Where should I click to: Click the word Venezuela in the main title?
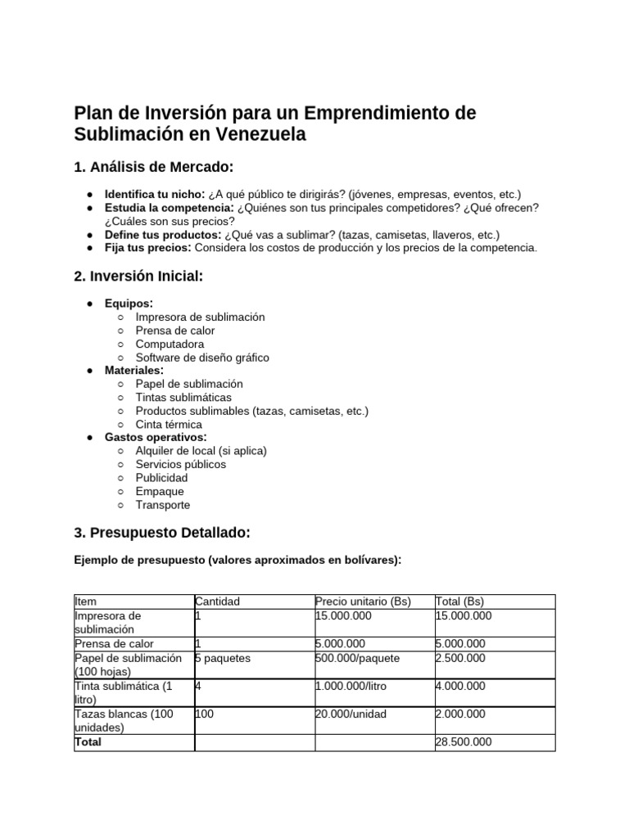[x=261, y=134]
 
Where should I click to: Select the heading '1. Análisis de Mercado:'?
[x=153, y=167]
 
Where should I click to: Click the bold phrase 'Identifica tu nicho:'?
[x=148, y=194]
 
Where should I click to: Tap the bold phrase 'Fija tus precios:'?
[x=147, y=247]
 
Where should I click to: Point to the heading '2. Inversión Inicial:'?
[x=138, y=277]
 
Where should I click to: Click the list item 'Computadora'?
[x=170, y=344]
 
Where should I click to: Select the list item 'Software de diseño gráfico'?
[x=201, y=358]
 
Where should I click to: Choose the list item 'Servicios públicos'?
[x=180, y=464]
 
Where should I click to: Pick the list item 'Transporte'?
[x=162, y=505]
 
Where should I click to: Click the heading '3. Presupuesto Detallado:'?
[x=161, y=533]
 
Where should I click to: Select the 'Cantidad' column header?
[x=217, y=601]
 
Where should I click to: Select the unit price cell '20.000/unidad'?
[x=351, y=714]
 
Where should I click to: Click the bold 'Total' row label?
[x=88, y=742]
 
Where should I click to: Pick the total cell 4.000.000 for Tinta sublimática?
[x=460, y=686]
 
